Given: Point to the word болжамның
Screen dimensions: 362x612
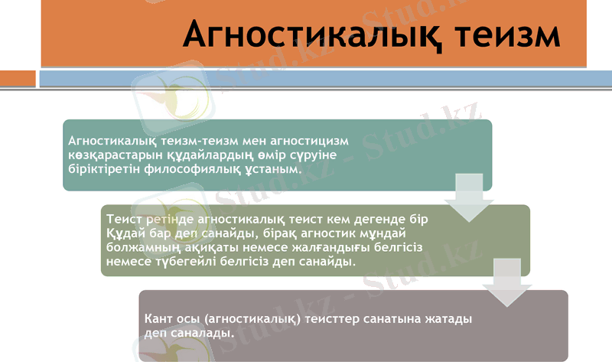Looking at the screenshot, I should click(142, 247).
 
